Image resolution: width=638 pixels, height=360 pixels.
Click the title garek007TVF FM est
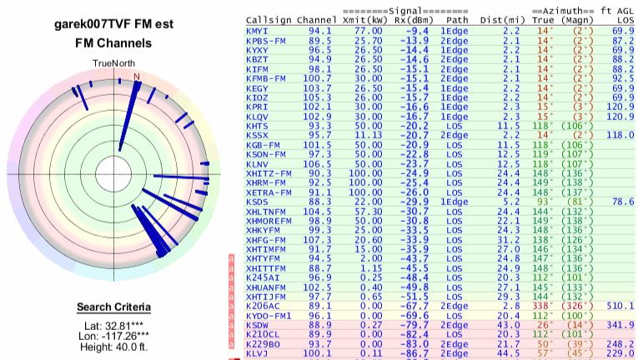(x=113, y=25)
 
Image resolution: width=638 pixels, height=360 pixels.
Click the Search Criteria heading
(x=113, y=306)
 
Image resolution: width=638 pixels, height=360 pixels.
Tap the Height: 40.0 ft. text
(x=113, y=351)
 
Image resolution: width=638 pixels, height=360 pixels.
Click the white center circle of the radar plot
(x=114, y=173)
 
